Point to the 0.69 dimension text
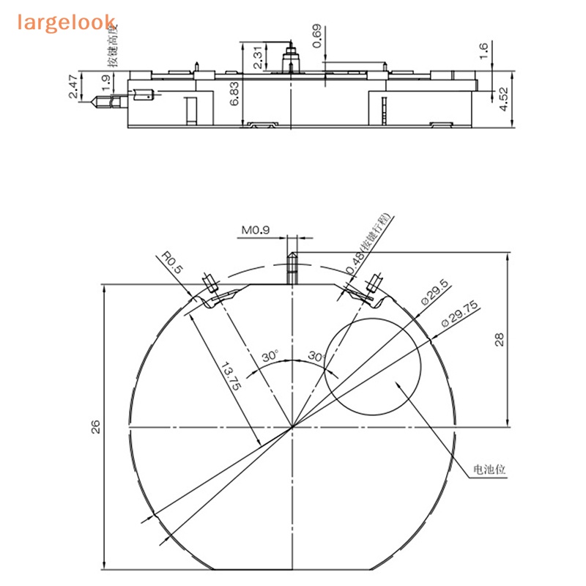(316, 36)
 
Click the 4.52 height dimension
(503, 99)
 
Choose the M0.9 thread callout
(256, 231)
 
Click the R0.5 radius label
(172, 263)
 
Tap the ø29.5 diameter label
(434, 294)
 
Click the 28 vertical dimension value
(499, 339)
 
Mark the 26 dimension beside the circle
(95, 427)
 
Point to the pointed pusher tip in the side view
(95, 102)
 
